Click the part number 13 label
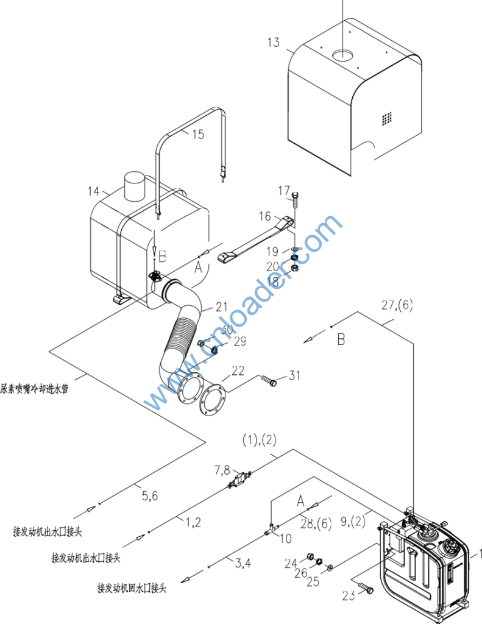coord(274,42)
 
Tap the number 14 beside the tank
coord(93,191)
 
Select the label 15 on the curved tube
coord(198,135)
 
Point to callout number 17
coord(284,191)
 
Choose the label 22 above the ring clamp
coord(238,370)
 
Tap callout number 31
coord(294,376)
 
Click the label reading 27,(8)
coord(397,305)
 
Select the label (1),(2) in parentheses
coord(260,439)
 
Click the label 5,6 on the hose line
coord(150,497)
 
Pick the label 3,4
coord(243,563)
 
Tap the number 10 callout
coord(286,539)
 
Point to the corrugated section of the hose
coord(181,338)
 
